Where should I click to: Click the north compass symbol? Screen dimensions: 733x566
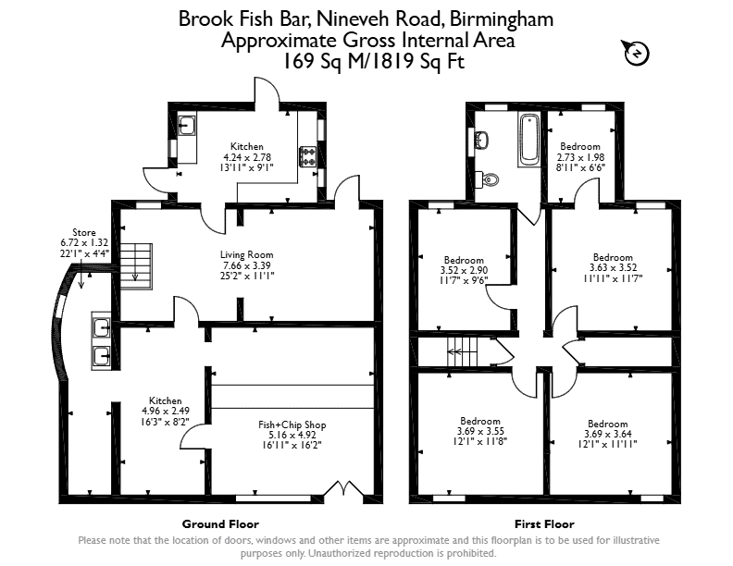[x=636, y=53]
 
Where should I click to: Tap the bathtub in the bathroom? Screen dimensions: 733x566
[x=529, y=139]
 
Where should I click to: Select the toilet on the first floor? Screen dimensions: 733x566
[x=487, y=178]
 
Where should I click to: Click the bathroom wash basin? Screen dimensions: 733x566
[x=481, y=139]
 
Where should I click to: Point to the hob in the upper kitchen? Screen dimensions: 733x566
[x=307, y=156]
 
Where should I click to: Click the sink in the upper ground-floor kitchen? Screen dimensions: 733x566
[x=188, y=125]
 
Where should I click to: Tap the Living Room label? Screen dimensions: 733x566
[x=247, y=255]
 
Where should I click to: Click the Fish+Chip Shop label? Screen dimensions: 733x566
[x=292, y=425]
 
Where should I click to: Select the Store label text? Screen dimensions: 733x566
[x=84, y=232]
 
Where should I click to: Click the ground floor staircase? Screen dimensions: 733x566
[x=136, y=265]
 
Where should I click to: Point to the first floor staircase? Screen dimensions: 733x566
[x=462, y=352]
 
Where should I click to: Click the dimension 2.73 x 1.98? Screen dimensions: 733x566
[x=580, y=157]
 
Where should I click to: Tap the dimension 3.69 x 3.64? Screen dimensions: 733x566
[x=608, y=434]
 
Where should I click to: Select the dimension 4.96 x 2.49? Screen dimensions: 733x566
[x=166, y=411]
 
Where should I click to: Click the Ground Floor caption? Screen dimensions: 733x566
[x=220, y=524]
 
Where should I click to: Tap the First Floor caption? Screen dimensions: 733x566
[x=544, y=524]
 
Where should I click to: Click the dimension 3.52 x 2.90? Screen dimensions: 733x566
[x=465, y=270]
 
